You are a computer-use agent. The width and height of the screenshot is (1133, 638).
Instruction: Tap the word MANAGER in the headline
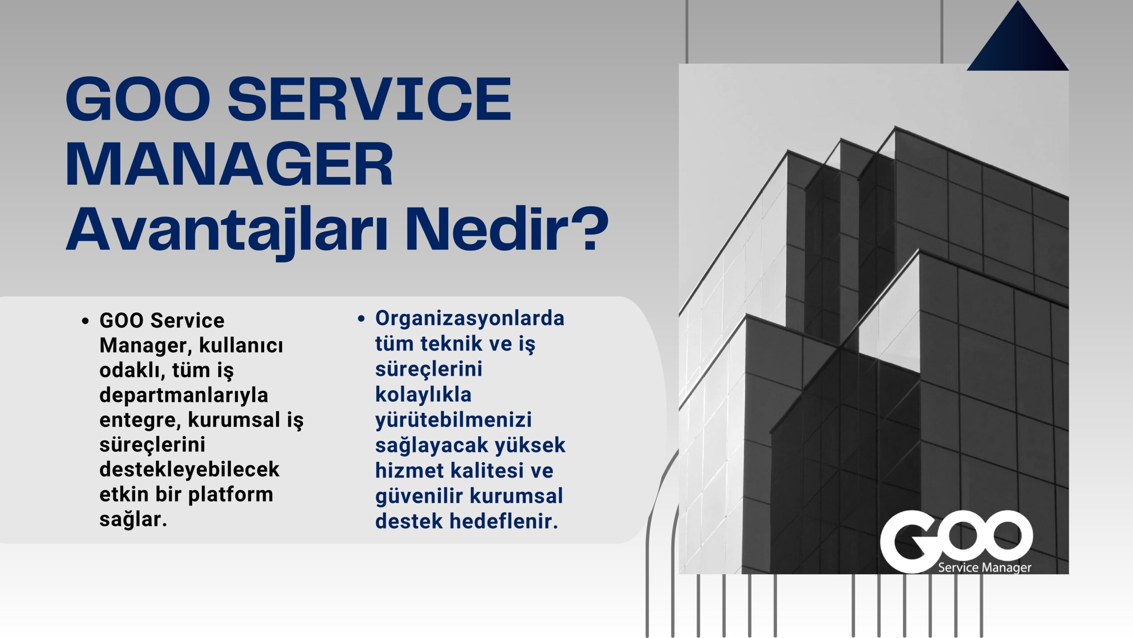(229, 164)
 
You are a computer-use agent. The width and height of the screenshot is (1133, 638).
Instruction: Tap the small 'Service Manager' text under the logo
(985, 568)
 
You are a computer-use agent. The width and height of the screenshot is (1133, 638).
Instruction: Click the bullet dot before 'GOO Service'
(85, 321)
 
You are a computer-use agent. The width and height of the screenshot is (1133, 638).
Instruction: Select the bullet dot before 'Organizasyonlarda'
(361, 319)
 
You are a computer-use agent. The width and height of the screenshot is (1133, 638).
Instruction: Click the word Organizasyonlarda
(470, 318)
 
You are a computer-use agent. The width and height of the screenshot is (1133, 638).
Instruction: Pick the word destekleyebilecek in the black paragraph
(189, 469)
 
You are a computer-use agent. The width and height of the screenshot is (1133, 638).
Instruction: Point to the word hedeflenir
(504, 521)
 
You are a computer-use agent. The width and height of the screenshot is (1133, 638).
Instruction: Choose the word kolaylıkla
(424, 394)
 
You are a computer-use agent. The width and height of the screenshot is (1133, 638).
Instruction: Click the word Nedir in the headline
(485, 230)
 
